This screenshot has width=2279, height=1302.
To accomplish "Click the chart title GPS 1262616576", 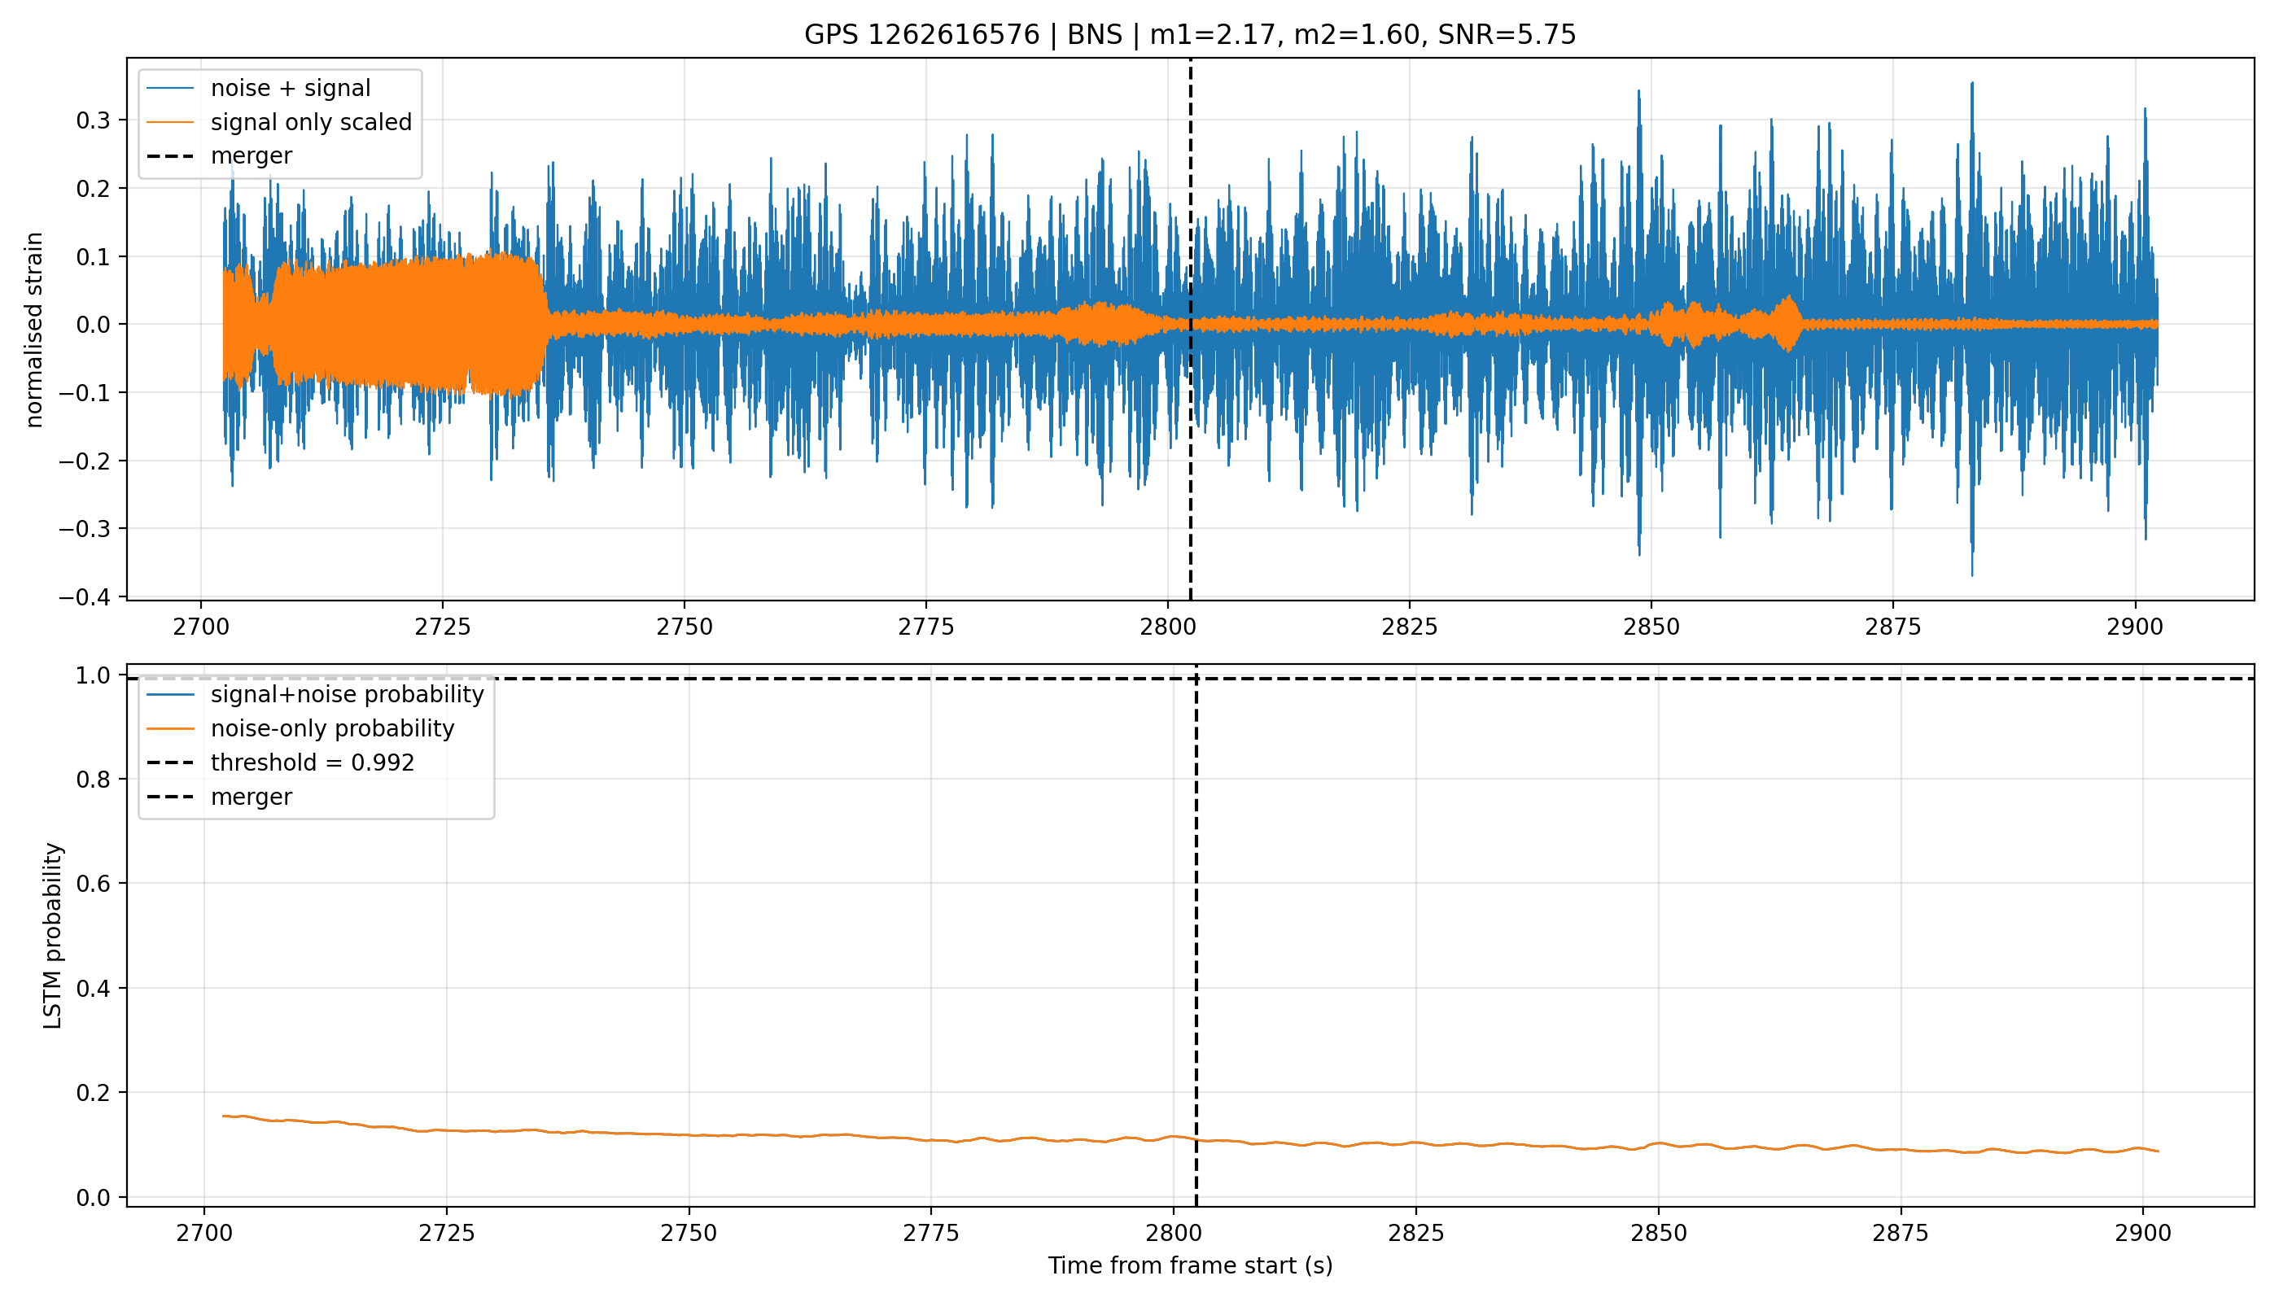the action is click(921, 35).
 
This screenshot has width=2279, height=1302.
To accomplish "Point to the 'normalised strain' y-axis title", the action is click(34, 330).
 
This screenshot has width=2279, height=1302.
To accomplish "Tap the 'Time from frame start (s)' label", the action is click(1190, 1265).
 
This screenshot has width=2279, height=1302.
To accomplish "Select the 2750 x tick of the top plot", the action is click(685, 627).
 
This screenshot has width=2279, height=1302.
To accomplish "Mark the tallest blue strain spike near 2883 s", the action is click(1971, 83).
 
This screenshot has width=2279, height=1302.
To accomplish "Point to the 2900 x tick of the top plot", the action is click(2134, 627).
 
